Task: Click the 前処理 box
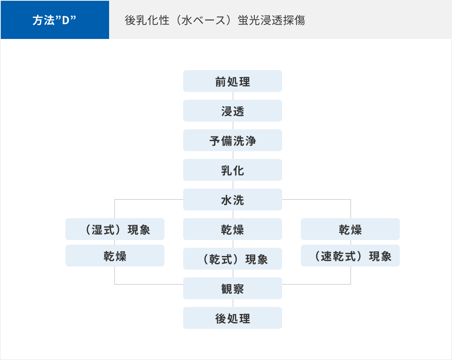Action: [x=232, y=81]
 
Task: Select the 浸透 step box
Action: [x=232, y=111]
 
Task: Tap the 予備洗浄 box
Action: [x=232, y=140]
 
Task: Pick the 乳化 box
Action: [x=232, y=170]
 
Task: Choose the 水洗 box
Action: [x=232, y=199]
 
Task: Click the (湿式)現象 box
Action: [x=115, y=229]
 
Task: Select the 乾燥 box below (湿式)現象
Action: [x=115, y=256]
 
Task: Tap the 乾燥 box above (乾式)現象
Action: [x=232, y=229]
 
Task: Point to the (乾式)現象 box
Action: [x=232, y=259]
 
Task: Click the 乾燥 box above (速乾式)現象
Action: [x=350, y=229]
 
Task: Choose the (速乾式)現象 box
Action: [x=350, y=256]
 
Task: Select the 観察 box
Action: [x=232, y=288]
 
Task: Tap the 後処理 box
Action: [x=232, y=318]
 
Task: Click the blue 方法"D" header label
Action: [x=55, y=20]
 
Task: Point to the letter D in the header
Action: [x=66, y=21]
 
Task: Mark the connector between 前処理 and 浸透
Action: [x=233, y=96]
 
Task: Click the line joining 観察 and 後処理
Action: [x=233, y=303]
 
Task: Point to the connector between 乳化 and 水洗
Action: [x=233, y=185]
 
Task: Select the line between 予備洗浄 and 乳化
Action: [x=233, y=155]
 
